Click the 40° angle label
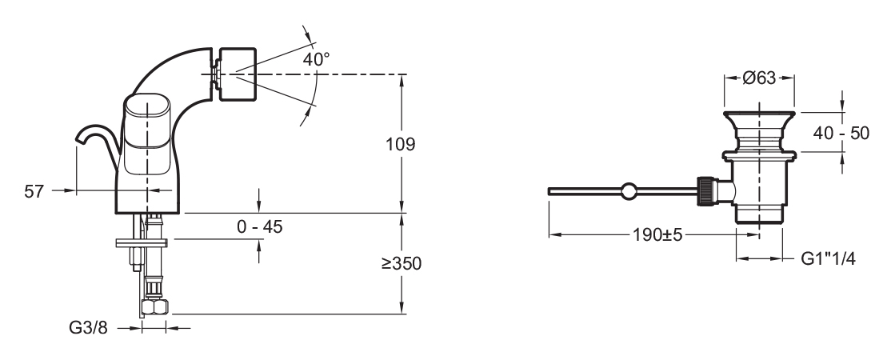coord(316,58)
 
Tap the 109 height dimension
coord(400,144)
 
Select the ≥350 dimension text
coord(402,263)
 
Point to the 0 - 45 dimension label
coord(260,226)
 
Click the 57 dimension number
coord(34,191)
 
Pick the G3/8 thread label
coord(88,327)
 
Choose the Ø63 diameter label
coord(759,78)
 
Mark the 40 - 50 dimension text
coord(841,134)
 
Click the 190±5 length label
coord(657,234)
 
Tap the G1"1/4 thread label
coord(829,258)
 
